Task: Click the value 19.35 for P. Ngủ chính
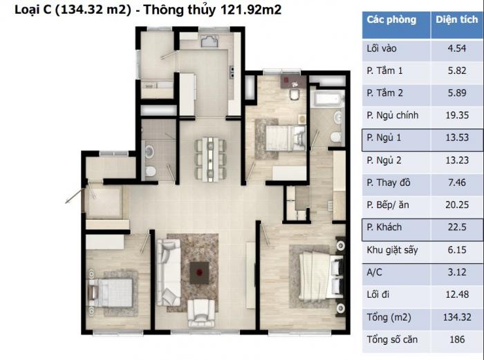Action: (457, 115)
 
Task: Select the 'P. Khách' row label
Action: (384, 227)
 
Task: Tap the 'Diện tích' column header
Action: (456, 20)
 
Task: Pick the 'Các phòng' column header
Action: (391, 20)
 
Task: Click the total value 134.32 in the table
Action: (457, 317)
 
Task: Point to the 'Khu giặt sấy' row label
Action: (392, 250)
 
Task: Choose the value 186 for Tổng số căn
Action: (457, 339)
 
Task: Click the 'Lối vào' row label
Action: (382, 48)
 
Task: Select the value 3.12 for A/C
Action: (457, 272)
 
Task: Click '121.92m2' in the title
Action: (251, 10)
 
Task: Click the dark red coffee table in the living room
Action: (199, 273)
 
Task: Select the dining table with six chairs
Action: (210, 159)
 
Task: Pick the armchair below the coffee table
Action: (201, 313)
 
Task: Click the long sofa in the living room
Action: (169, 272)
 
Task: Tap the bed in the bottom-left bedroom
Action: (111, 292)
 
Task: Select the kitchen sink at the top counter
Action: (210, 41)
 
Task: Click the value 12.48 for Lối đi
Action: (457, 294)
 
